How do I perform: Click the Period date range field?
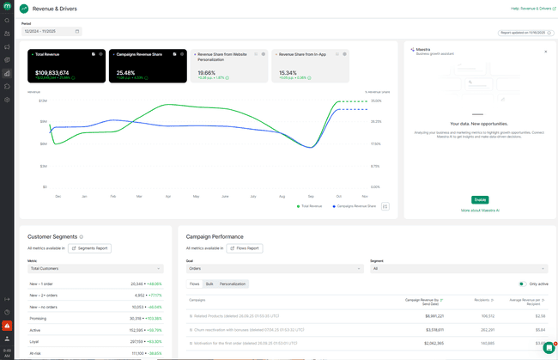coord(51,31)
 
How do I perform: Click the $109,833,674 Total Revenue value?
coord(52,73)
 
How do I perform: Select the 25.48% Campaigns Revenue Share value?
coord(126,73)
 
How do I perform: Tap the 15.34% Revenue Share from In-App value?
coord(288,73)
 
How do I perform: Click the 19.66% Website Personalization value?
coord(207,73)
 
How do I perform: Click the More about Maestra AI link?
coord(480,210)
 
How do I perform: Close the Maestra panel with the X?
coord(545,52)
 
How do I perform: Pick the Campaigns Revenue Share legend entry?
coord(356,206)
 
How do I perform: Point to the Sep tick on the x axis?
coord(311,196)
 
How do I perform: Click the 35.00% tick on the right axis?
coord(375,101)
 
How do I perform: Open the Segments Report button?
coord(89,248)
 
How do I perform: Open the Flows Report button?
coord(245,248)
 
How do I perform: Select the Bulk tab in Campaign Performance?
coord(209,284)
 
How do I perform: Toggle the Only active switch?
coord(521,284)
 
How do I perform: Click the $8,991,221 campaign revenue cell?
coord(426,315)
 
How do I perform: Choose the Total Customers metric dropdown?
coord(94,268)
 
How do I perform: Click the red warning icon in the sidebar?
coord(7,326)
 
